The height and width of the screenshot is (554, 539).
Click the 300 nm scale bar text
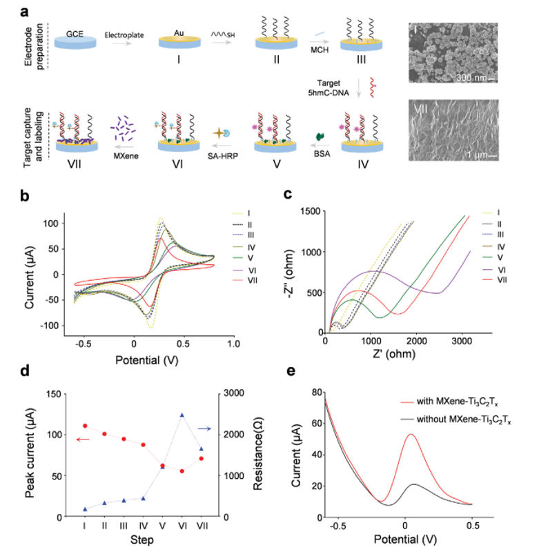(x=472, y=77)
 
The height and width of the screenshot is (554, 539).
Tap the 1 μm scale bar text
(x=475, y=155)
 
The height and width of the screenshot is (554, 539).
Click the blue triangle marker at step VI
(x=182, y=415)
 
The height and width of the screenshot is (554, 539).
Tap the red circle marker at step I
(x=85, y=426)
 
